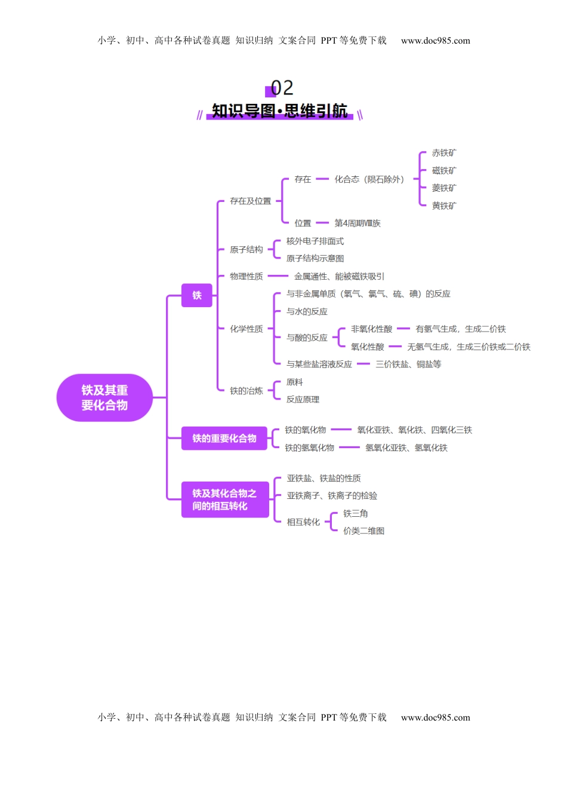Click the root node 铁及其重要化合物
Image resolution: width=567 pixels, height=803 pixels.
[x=104, y=398]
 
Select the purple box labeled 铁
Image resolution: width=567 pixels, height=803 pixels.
[x=197, y=295]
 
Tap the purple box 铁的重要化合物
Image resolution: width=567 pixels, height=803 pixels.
[x=224, y=439]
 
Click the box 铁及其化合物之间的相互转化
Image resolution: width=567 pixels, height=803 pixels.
[x=224, y=499]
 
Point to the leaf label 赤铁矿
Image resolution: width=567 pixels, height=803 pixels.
[x=444, y=153]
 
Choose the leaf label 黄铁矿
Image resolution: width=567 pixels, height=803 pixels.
[x=444, y=206]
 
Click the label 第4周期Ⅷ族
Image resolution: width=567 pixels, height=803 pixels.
[x=358, y=223]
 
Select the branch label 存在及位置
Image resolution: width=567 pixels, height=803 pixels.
[x=251, y=201]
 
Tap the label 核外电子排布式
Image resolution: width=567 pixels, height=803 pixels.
[x=315, y=241]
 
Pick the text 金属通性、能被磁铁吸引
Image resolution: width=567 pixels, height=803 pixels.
[x=339, y=276]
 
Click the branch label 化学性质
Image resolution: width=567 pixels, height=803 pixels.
[x=246, y=329]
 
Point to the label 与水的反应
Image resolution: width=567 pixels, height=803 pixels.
[x=307, y=311]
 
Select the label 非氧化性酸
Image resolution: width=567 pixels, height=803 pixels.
[x=372, y=329]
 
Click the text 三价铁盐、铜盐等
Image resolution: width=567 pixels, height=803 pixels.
[x=408, y=364]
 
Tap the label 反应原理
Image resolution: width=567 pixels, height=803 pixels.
[x=303, y=399]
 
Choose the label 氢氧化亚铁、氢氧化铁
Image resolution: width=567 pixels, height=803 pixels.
[x=406, y=448]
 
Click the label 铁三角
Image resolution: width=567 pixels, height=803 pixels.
[x=356, y=513]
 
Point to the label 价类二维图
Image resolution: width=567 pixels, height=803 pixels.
[x=364, y=531]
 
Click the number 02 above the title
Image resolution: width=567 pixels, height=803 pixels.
[x=282, y=88]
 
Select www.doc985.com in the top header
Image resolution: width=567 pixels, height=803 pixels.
[x=436, y=41]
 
